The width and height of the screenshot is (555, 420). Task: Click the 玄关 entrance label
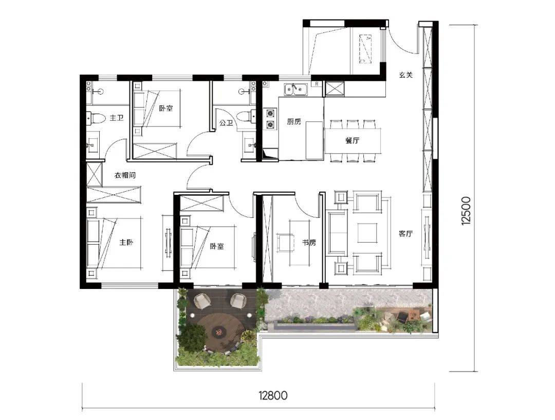pyautogui.click(x=405, y=75)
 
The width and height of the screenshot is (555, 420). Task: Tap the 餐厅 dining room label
pyautogui.click(x=352, y=140)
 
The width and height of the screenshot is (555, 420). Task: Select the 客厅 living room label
pyautogui.click(x=405, y=234)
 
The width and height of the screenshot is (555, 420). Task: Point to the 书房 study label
pyautogui.click(x=309, y=243)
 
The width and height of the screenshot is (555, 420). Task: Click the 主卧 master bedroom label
pyautogui.click(x=126, y=243)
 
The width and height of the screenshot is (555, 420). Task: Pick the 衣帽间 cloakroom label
pyautogui.click(x=125, y=175)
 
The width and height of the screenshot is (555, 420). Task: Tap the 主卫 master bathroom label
pyautogui.click(x=117, y=118)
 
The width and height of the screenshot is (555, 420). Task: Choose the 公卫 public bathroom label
pyautogui.click(x=226, y=123)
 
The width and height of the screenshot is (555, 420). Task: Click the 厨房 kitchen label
pyautogui.click(x=294, y=122)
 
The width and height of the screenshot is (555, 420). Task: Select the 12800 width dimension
pyautogui.click(x=273, y=395)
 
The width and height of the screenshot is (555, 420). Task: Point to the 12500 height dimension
pyautogui.click(x=466, y=211)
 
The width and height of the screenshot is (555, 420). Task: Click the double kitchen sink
pyautogui.click(x=296, y=89)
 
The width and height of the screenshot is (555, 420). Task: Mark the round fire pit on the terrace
pyautogui.click(x=219, y=332)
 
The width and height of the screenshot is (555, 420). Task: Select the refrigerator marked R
pyautogui.click(x=317, y=84)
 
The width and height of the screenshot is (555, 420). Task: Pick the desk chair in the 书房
pyautogui.click(x=285, y=243)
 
